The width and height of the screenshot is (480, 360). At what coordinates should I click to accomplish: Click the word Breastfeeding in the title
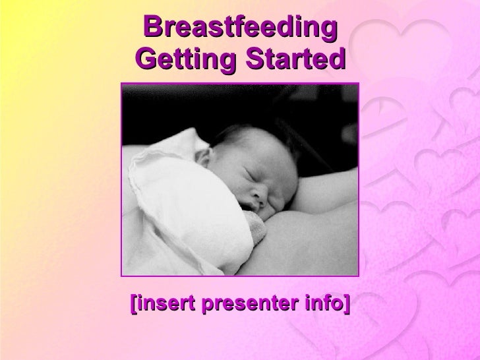pos(240,28)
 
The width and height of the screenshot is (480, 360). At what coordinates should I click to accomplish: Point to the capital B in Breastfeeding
pos(154,28)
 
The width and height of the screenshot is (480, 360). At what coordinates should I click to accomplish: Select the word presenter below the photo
pos(243,305)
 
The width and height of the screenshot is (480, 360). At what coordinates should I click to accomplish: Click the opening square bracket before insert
pos(133,305)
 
